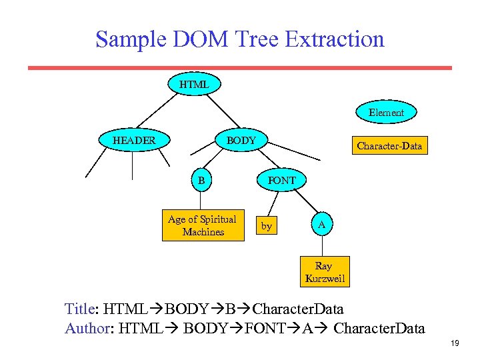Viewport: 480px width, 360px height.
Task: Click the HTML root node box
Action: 194,85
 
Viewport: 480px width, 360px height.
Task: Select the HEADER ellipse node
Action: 134,141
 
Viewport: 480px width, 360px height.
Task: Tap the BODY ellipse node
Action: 241,141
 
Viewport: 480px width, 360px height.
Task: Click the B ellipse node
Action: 201,180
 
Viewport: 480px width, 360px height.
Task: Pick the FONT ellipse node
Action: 281,180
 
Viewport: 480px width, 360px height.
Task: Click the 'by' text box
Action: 267,227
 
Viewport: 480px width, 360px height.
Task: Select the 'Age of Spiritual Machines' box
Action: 202,226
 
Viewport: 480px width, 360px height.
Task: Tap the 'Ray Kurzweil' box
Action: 325,272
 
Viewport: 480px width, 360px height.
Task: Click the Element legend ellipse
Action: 387,113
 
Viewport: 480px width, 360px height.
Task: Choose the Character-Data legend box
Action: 389,145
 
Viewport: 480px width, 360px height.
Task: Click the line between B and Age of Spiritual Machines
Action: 201,201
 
